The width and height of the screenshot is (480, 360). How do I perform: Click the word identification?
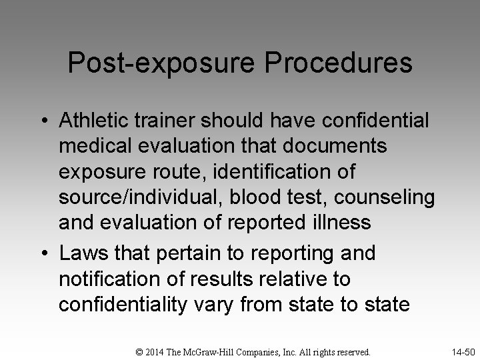click(x=277, y=171)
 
